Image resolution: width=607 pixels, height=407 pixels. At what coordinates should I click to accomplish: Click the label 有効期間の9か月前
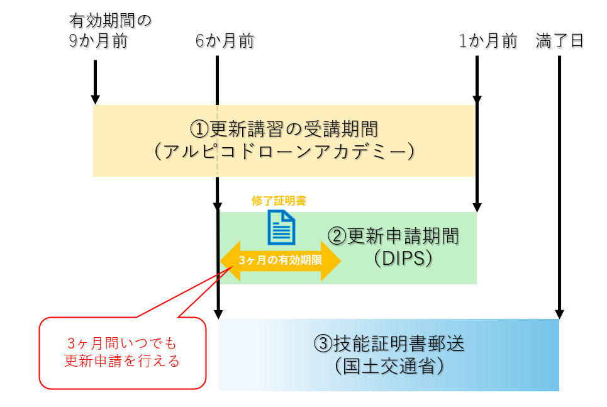coord(110,32)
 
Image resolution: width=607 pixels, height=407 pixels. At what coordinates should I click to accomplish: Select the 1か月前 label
coord(488,42)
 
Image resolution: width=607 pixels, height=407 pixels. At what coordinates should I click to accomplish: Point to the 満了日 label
coord(560,42)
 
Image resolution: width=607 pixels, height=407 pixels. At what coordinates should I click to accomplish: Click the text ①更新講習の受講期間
coord(284,130)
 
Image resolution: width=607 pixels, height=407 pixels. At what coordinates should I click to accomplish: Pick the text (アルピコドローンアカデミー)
coord(284,152)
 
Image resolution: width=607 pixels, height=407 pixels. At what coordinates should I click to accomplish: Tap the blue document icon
coord(281,226)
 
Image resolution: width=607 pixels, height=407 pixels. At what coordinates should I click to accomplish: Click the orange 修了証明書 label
coord(279,201)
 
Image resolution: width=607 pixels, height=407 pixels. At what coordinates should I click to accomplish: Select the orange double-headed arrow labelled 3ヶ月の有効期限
coord(280,260)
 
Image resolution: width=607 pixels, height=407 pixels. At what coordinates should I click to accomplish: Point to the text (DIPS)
coord(403,258)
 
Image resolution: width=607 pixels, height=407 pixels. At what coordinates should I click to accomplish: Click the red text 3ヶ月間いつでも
coord(123,344)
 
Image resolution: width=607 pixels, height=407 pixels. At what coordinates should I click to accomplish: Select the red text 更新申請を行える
coord(123,362)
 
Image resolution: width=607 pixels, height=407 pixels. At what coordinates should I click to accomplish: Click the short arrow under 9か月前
coord(95,82)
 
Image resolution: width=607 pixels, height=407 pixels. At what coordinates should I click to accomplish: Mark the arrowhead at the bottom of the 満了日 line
coord(559,314)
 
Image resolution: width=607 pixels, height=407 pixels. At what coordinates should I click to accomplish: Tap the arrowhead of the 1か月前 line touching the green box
coord(477,207)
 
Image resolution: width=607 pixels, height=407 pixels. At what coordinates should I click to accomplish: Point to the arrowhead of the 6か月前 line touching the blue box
coord(218,313)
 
